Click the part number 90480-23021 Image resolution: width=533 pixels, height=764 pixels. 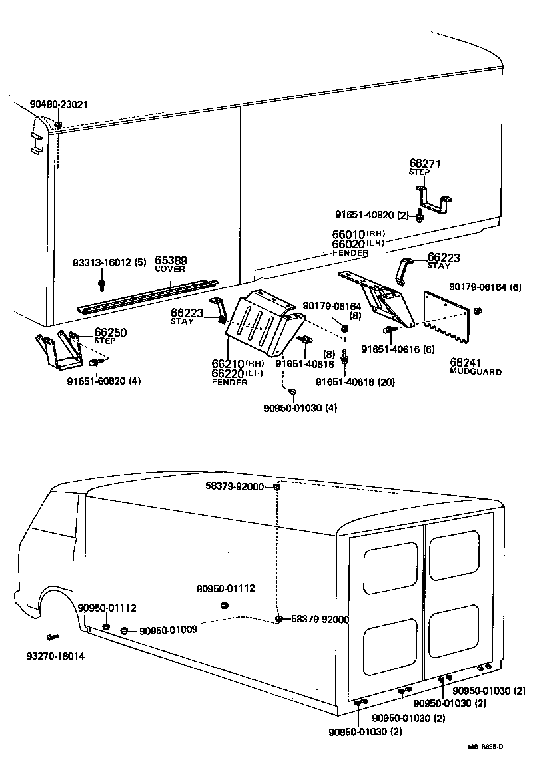click(x=59, y=104)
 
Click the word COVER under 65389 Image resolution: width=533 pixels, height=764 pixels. click(x=170, y=269)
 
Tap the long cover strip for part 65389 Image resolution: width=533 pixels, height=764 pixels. click(x=147, y=296)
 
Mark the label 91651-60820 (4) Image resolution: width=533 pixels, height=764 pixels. click(x=103, y=381)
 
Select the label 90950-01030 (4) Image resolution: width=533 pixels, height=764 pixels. click(x=300, y=408)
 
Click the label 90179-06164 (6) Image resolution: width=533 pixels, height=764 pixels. click(x=485, y=287)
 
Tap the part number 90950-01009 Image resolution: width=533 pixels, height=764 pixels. click(x=168, y=630)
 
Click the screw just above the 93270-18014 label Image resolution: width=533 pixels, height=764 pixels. click(x=51, y=638)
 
